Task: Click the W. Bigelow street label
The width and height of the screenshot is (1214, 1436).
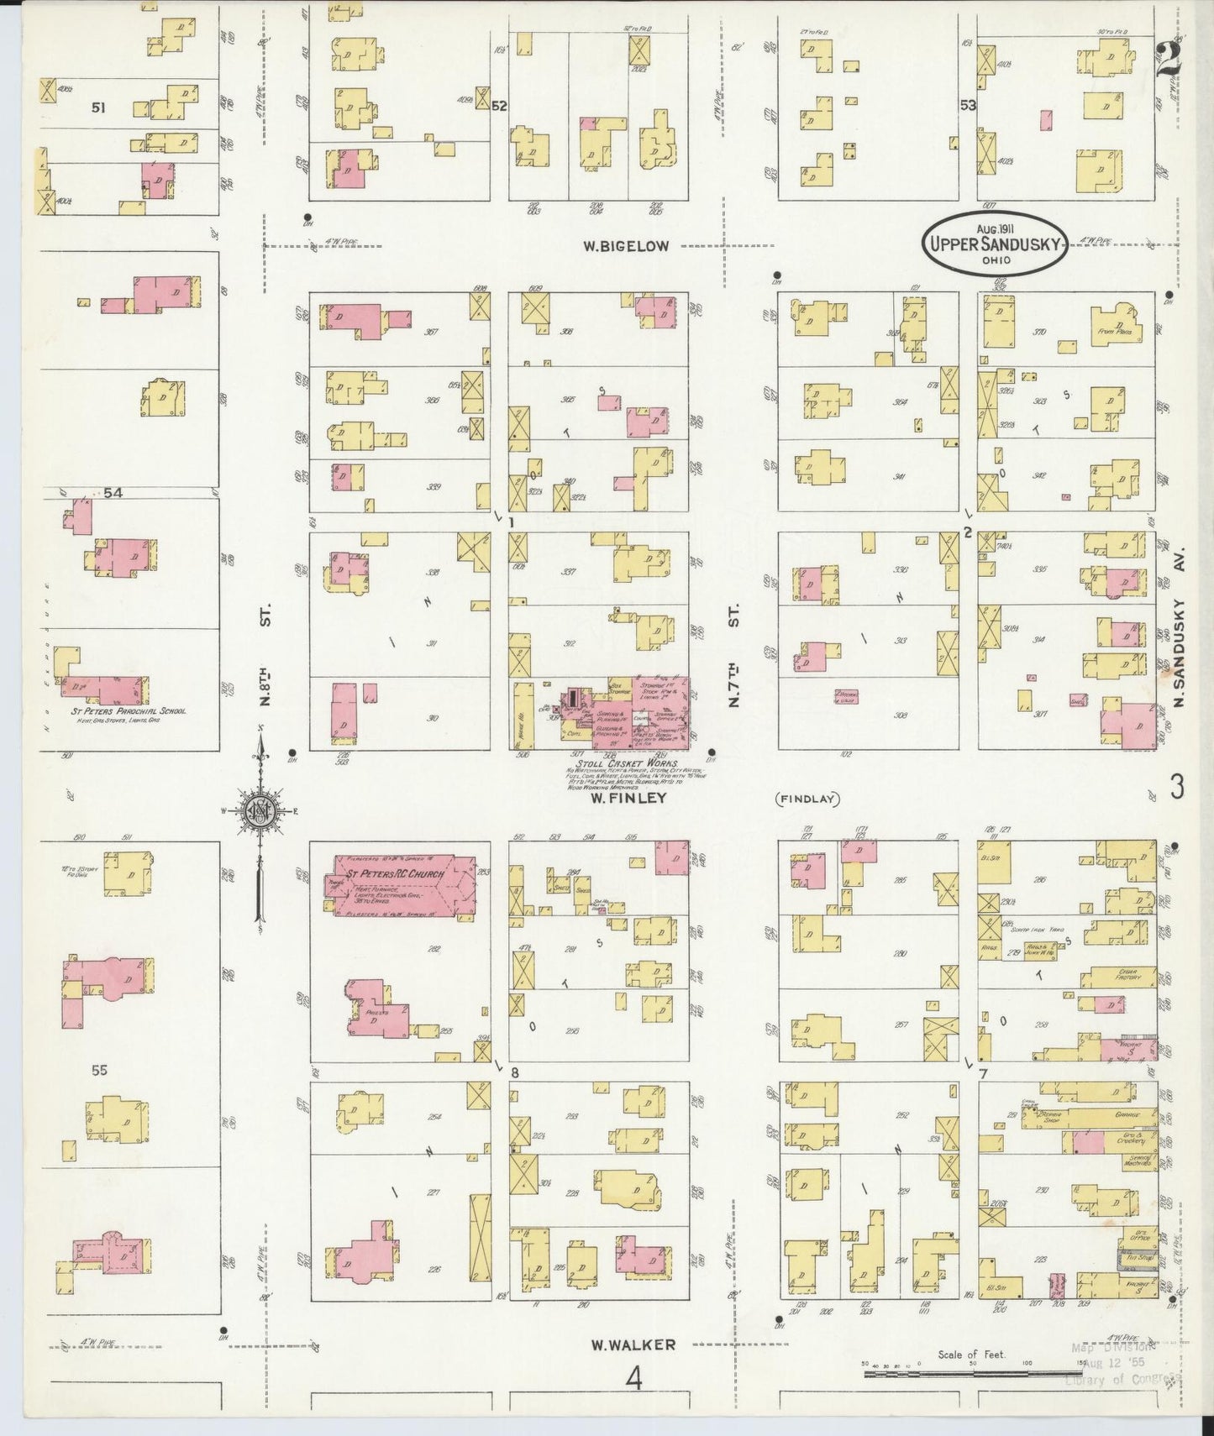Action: click(x=628, y=246)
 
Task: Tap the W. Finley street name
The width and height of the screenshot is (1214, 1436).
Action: click(x=627, y=798)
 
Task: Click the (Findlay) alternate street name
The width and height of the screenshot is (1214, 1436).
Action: click(x=807, y=799)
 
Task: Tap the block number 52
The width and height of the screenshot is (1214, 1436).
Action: click(x=500, y=106)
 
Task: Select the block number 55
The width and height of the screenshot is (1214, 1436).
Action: click(x=100, y=1070)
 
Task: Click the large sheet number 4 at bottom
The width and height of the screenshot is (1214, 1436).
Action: click(x=635, y=1378)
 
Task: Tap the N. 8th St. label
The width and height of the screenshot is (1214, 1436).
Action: click(x=262, y=648)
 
